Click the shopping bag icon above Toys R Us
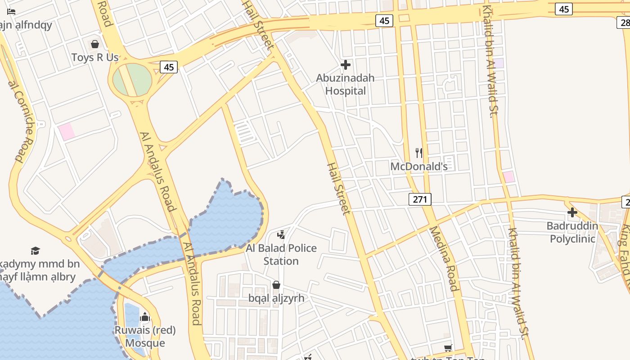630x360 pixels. click(95, 44)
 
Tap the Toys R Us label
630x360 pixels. click(95, 58)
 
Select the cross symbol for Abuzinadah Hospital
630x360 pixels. click(346, 65)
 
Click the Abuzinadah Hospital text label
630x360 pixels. click(345, 84)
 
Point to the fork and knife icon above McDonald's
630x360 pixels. click(419, 153)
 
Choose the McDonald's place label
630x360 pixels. click(419, 166)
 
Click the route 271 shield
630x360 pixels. click(420, 199)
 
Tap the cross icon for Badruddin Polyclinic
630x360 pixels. click(572, 212)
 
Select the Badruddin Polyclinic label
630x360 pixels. click(572, 232)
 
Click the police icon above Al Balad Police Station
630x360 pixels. click(281, 234)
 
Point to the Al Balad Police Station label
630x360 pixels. click(281, 254)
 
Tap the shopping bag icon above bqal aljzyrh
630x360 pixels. click(276, 285)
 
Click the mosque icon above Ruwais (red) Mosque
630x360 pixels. click(145, 317)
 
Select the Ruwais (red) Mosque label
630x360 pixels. click(145, 337)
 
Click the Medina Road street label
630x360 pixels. click(444, 258)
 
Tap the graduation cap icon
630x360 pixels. click(35, 251)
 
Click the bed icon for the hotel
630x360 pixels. click(11, 12)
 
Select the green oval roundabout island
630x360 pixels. click(131, 80)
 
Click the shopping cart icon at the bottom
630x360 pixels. click(448, 348)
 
